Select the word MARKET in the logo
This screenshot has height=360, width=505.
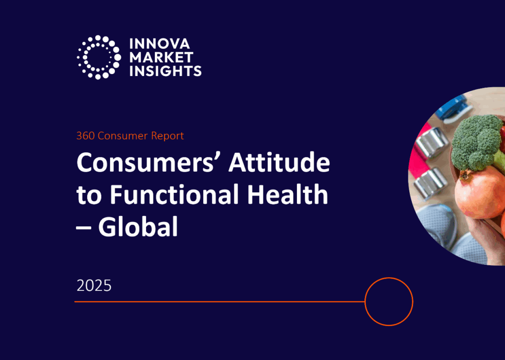pos(161,57)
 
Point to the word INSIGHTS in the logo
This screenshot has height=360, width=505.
pos(166,71)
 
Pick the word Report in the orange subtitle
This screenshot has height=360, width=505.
pos(168,136)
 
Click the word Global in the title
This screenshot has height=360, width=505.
pos(138,226)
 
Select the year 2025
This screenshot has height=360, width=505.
pos(94,286)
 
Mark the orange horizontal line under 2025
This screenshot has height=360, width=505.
pos(219,302)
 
